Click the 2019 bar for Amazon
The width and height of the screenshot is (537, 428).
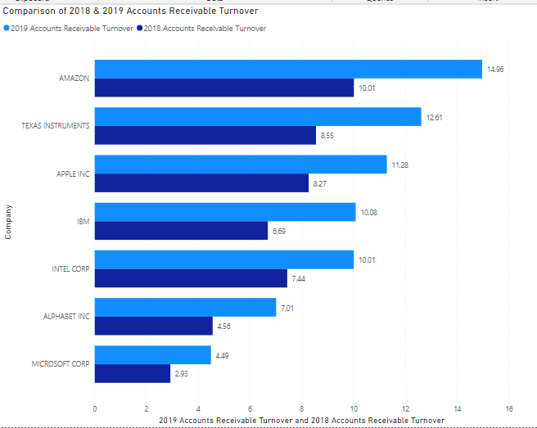(x=288, y=70)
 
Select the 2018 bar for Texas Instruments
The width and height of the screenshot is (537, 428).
(x=205, y=136)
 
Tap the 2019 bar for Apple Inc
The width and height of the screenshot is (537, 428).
(x=241, y=164)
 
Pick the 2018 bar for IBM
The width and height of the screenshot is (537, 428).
(x=181, y=232)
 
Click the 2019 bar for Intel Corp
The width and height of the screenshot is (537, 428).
(x=224, y=260)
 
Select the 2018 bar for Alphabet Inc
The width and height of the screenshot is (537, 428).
(x=153, y=327)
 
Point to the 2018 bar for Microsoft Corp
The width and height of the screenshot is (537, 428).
(x=133, y=374)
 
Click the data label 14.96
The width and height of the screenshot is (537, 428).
(x=495, y=70)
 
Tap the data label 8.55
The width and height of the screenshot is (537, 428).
(x=327, y=136)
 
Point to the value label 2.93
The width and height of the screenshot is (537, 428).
(x=181, y=374)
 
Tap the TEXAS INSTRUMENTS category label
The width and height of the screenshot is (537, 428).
(x=56, y=126)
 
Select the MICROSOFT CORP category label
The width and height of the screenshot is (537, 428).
(x=61, y=363)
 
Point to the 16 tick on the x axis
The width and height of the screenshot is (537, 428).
(x=509, y=408)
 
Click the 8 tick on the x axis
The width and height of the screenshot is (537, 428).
(x=302, y=408)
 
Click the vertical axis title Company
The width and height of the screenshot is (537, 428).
(x=8, y=222)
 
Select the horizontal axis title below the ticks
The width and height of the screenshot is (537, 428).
(x=301, y=420)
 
